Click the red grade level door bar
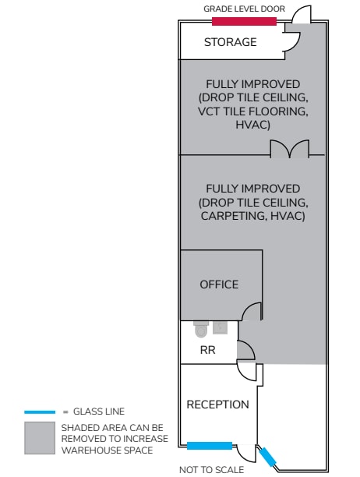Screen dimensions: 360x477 (244, 21)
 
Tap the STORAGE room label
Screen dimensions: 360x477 (230, 42)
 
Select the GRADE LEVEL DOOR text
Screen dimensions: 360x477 (244, 9)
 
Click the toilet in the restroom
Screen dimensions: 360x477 (201, 329)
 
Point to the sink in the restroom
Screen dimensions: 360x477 (221, 327)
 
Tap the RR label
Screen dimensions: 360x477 (208, 350)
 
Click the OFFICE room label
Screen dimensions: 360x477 (219, 284)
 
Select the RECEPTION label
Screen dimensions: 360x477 (217, 405)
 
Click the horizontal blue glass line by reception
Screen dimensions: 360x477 (210, 446)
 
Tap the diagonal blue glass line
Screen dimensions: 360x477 (267, 457)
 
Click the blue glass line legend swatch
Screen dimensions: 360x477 (40, 412)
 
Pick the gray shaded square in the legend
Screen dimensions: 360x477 (40, 438)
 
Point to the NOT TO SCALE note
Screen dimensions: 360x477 (211, 470)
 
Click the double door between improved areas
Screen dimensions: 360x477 (290, 149)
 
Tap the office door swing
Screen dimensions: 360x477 (252, 312)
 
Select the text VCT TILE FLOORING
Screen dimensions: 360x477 (252, 111)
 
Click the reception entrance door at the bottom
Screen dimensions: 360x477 (246, 454)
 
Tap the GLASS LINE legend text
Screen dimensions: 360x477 (99, 412)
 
